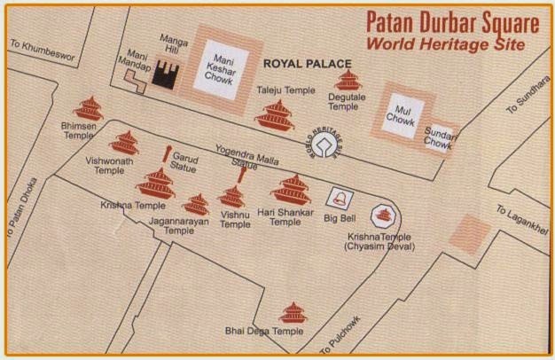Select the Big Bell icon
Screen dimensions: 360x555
click(338, 197)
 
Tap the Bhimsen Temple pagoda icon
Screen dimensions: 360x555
click(89, 110)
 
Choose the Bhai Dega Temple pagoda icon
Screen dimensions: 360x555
click(293, 312)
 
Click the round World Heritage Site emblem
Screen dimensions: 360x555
click(329, 142)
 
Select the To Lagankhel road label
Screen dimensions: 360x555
click(525, 223)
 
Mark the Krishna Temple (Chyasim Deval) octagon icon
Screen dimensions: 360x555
click(383, 213)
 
